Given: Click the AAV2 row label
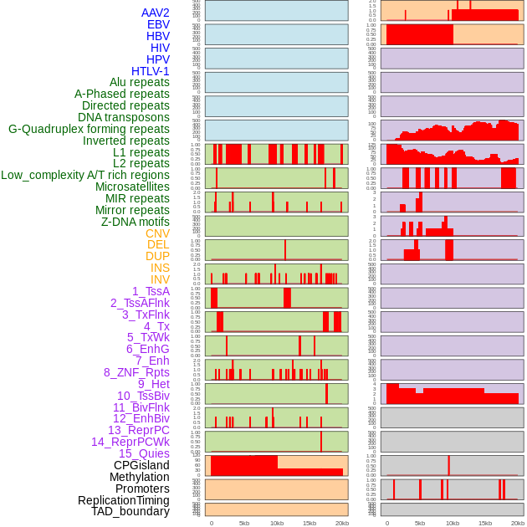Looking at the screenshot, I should [x=155, y=13].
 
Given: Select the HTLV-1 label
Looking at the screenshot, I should [x=151, y=71].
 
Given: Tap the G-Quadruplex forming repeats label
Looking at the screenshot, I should [x=89, y=129].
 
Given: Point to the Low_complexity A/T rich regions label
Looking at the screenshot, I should [x=85, y=175].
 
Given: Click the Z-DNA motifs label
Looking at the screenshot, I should [x=136, y=222].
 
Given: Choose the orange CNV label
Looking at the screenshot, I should [x=157, y=233].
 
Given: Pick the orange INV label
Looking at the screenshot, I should [x=160, y=279].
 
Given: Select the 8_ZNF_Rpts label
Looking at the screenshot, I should [x=136, y=372].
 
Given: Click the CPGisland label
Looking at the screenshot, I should [x=141, y=465].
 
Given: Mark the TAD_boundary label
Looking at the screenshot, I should [x=130, y=511].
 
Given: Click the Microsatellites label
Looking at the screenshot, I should [x=132, y=187].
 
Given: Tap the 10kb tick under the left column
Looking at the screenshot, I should [x=276, y=523].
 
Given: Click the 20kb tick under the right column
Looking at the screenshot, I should [x=517, y=523].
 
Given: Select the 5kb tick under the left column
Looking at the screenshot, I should [x=244, y=523].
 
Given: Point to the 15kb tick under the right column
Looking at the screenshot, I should [x=484, y=523].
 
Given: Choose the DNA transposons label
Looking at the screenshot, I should [x=124, y=117].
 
